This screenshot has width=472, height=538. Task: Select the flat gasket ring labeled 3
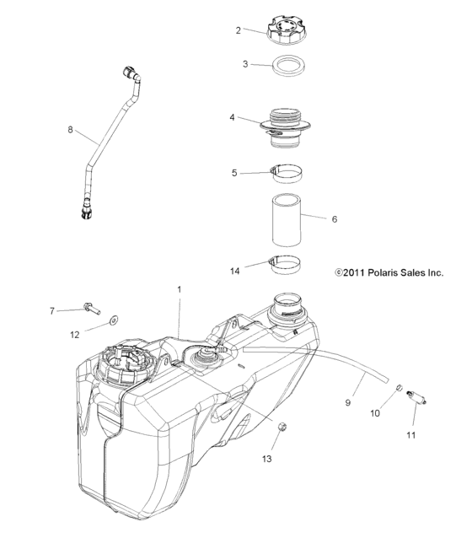[x=288, y=65]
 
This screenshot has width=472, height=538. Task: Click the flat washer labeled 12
[x=115, y=320]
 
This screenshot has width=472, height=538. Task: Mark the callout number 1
[x=179, y=289]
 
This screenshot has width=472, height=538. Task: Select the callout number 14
[x=235, y=271]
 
